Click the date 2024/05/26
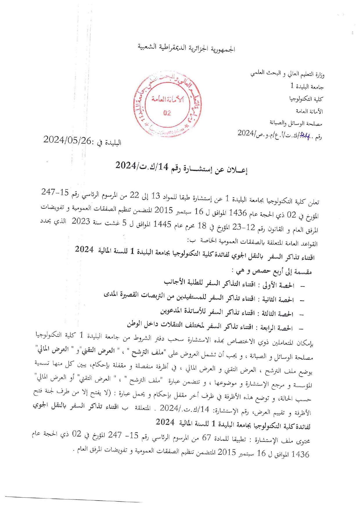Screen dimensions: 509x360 click(x=67, y=140)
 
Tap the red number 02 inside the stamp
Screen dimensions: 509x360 click(x=167, y=113)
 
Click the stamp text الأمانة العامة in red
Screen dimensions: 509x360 click(x=168, y=99)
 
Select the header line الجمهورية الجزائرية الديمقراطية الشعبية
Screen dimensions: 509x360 click(x=186, y=48)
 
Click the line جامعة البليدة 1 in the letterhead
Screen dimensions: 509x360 click(x=307, y=86)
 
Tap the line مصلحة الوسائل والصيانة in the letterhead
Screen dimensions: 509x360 click(x=296, y=123)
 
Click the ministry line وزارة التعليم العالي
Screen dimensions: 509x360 click(x=287, y=74)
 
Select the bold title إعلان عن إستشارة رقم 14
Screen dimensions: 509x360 click(x=181, y=167)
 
